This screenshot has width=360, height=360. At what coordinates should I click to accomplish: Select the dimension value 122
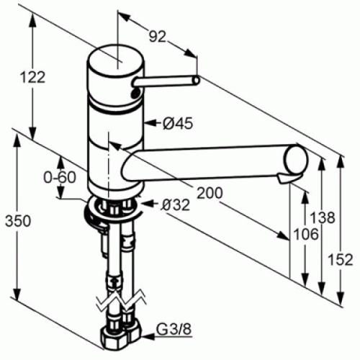pos(33,76)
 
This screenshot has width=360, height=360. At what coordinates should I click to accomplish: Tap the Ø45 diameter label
pos(178,124)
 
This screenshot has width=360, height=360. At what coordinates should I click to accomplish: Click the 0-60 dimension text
pos(60,176)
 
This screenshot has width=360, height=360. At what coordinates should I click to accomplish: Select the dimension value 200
pos(209,193)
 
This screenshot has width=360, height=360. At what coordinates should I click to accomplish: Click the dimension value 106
pos(307,234)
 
